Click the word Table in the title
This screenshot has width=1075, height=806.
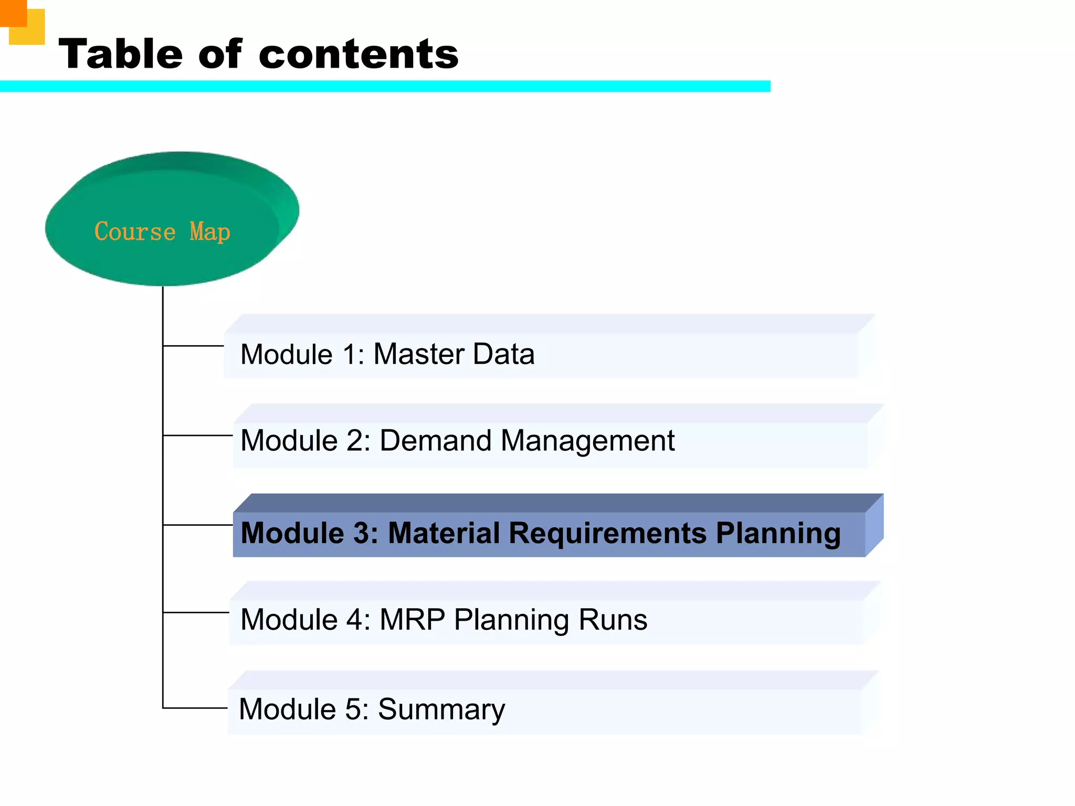click(121, 54)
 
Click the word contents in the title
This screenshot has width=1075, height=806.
click(359, 54)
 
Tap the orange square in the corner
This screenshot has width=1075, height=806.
click(13, 13)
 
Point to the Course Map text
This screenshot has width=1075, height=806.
click(162, 232)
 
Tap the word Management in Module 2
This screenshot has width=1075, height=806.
click(587, 440)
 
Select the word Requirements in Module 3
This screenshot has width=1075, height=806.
click(607, 533)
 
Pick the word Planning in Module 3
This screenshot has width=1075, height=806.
click(778, 533)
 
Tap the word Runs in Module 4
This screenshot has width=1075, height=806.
click(613, 620)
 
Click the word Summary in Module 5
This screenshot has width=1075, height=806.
click(441, 709)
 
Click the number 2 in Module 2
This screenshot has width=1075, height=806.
click(354, 440)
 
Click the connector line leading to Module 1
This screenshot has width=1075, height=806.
click(193, 346)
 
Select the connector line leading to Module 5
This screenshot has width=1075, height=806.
click(194, 708)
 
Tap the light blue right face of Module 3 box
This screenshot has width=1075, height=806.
click(874, 525)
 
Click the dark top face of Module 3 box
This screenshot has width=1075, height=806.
click(556, 503)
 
